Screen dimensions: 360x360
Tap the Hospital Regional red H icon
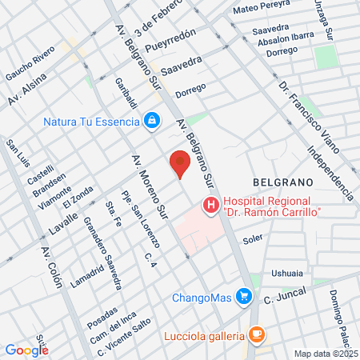[210, 206]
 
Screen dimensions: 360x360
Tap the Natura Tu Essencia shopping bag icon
[150, 121]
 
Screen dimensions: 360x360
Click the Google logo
[26, 350]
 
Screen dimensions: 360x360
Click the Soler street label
[253, 238]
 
